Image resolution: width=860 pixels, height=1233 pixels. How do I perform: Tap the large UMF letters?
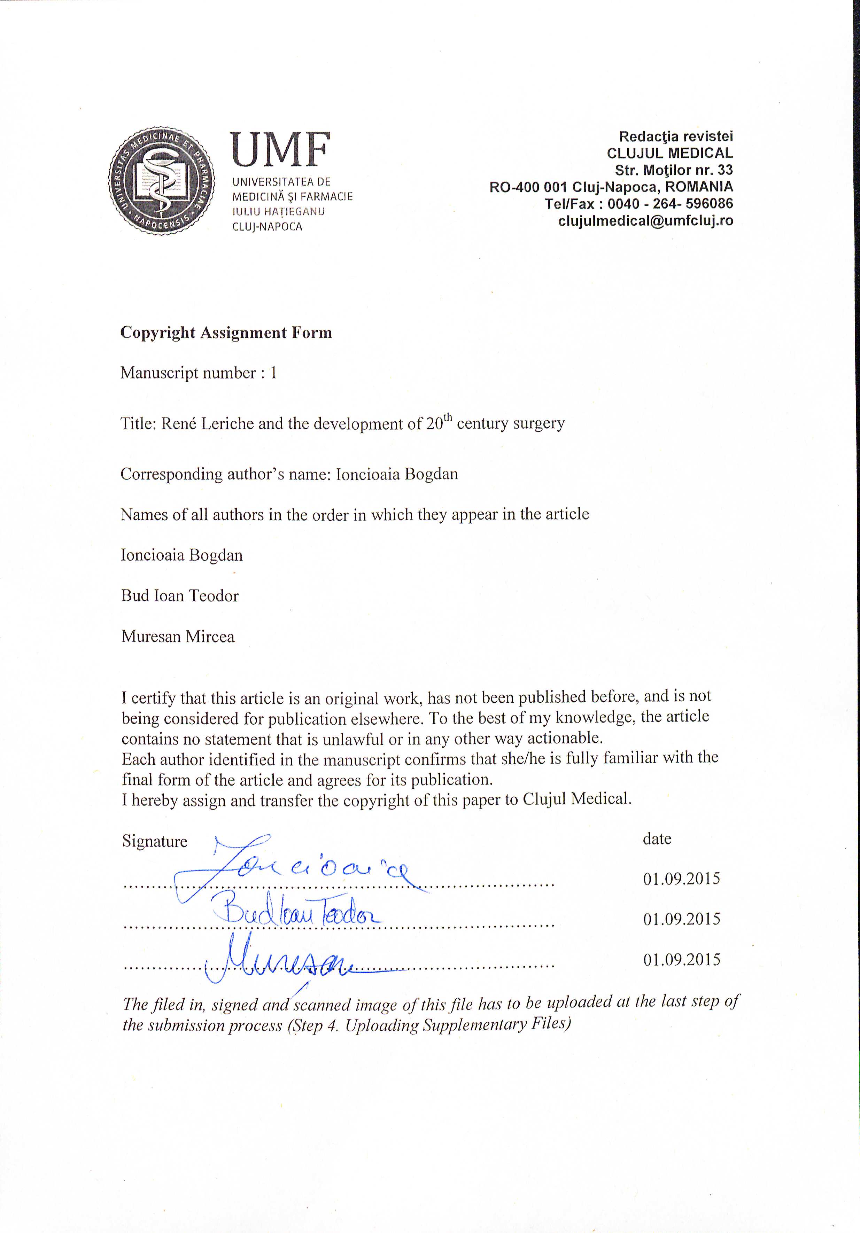point(280,151)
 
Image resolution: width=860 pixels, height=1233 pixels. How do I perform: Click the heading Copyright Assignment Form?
point(226,333)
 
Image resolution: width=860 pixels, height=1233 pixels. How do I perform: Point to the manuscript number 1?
point(273,373)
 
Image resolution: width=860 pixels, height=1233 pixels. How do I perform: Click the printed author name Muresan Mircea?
point(178,637)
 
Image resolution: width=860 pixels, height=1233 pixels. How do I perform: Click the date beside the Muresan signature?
point(681,959)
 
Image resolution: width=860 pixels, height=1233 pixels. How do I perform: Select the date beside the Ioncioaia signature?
point(681,879)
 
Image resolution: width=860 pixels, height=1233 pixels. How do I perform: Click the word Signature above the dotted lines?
point(155,841)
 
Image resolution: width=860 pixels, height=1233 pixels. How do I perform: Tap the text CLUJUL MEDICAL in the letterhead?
point(669,153)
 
